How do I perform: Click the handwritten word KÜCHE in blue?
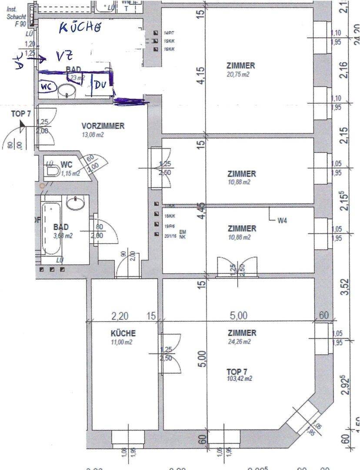tap(80, 28)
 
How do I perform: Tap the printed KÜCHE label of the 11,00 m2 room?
tap(123, 333)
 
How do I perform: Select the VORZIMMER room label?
tap(103, 126)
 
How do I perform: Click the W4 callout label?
tap(283, 220)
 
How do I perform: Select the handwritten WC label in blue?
tap(47, 87)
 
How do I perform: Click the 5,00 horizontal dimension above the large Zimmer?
tap(239, 316)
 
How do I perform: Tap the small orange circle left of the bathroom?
tap(42, 186)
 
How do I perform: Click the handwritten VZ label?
tap(62, 56)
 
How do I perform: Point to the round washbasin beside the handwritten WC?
tap(67, 91)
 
